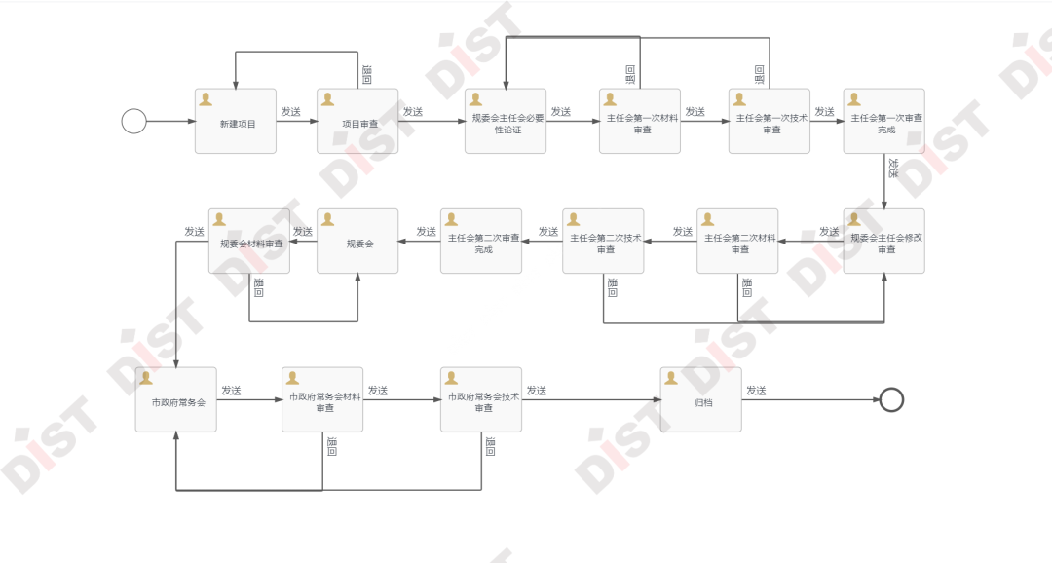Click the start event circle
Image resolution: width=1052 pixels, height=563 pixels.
coord(134,122)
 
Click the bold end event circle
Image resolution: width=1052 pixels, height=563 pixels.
coord(891,399)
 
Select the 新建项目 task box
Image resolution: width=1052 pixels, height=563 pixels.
coord(236,122)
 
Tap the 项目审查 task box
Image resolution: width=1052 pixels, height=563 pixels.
coord(357,122)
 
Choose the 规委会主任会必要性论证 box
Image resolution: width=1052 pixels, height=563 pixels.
coord(506,122)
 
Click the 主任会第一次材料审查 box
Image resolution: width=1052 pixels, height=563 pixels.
coord(640,122)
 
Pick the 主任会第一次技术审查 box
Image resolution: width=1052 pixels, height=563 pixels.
coord(770,122)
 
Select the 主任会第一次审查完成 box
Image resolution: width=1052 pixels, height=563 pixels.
coord(884,122)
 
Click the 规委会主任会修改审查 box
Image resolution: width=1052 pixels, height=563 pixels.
coord(884,242)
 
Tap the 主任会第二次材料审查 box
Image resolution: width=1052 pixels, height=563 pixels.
coord(737,242)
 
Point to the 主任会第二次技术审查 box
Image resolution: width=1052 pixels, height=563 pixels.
coord(603,242)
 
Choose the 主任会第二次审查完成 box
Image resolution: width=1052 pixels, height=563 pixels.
coord(481,242)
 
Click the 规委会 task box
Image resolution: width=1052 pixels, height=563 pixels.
coord(358,242)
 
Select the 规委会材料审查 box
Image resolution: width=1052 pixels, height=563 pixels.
coord(249,242)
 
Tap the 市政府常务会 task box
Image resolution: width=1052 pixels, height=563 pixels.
coord(176,399)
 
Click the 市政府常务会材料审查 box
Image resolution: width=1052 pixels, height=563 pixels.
coord(322,399)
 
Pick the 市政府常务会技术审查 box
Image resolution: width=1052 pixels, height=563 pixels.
coord(481,399)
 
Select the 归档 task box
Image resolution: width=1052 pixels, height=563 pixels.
coord(701,399)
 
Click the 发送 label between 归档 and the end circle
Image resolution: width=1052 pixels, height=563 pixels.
coord(756,391)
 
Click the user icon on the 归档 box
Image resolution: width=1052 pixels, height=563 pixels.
coord(671,378)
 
